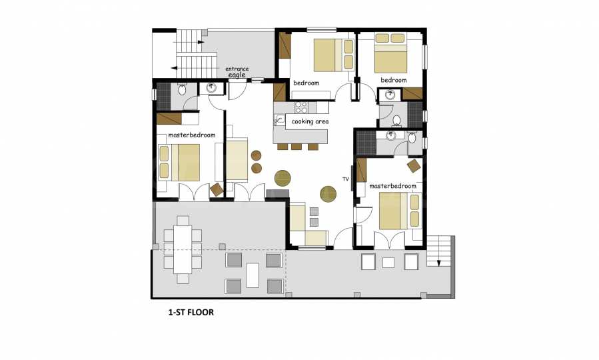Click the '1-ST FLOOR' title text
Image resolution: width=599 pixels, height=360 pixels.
click(191, 312)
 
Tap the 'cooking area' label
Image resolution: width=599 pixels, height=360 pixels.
click(310, 121)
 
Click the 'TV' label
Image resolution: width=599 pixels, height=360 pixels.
click(346, 179)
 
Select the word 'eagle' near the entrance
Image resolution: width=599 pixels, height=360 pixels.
click(237, 75)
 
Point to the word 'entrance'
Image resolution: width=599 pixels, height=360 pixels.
click(237, 69)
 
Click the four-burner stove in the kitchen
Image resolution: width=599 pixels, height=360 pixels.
click(301, 107)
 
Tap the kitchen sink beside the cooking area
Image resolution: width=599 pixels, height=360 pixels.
click(279, 120)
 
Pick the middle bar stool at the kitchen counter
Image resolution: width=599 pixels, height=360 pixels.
click(297, 147)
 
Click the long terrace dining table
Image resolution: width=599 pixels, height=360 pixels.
click(183, 249)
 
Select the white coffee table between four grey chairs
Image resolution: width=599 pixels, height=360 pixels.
click(253, 275)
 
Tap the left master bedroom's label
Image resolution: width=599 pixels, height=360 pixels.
click(192, 135)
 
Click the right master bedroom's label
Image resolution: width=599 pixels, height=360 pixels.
click(392, 186)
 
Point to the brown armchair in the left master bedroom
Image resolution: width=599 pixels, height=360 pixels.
click(217, 189)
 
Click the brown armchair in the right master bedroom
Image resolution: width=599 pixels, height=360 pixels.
click(414, 166)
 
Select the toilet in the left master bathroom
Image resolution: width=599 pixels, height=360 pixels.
click(183, 90)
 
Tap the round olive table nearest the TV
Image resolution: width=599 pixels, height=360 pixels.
click(328, 194)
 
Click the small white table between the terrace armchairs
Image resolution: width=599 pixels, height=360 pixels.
click(388, 263)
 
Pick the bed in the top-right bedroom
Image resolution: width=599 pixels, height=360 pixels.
click(390, 53)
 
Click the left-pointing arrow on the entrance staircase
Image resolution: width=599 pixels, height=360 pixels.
click(174, 68)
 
